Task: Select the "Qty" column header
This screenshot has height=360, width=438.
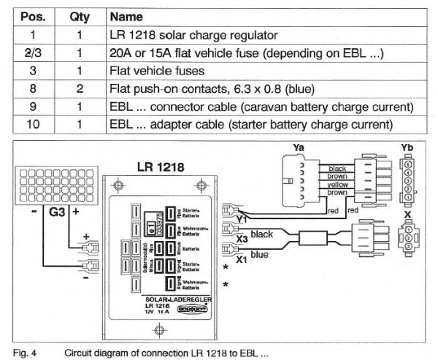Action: click(80, 15)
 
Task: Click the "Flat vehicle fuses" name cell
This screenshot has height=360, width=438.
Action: click(153, 72)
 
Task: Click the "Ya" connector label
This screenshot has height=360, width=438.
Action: click(299, 148)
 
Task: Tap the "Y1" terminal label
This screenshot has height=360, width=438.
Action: click(242, 218)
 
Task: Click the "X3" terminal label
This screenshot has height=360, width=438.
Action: click(243, 238)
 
